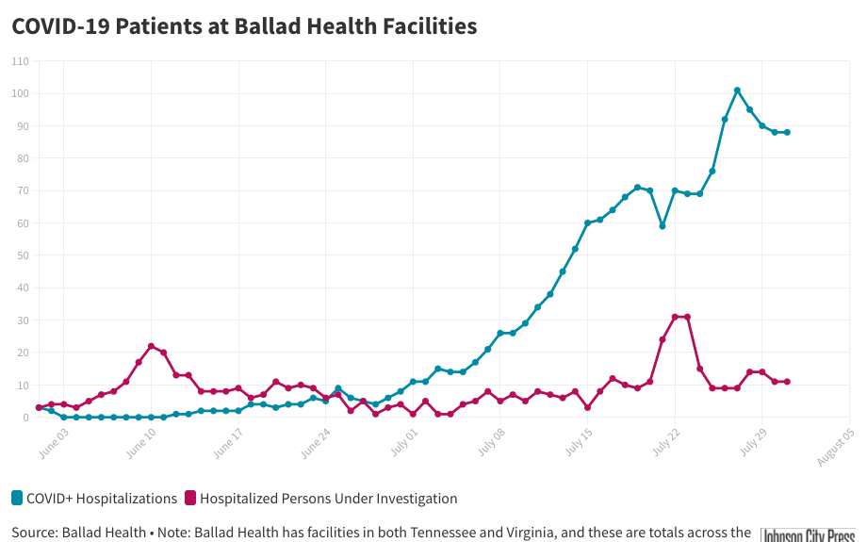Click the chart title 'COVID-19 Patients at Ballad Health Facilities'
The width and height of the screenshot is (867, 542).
[244, 26]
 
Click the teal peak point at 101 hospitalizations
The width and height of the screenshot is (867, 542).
[737, 90]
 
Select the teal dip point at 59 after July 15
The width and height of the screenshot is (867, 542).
[663, 226]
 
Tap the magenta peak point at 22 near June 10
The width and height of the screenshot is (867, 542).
[151, 346]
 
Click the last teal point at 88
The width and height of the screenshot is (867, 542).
[787, 132]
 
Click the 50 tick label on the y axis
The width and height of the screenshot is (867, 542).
[22, 255]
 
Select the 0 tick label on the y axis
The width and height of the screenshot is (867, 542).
[25, 418]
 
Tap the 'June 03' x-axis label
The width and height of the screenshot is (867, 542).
[55, 440]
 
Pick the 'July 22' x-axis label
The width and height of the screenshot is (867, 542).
[665, 440]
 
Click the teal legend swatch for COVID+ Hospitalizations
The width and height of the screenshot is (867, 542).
[17, 499]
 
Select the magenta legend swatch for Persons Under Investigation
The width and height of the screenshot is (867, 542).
[190, 499]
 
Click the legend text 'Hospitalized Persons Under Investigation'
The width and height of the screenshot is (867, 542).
[328, 499]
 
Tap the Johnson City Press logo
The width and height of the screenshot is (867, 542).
[809, 534]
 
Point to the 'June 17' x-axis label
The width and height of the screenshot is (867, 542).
[228, 440]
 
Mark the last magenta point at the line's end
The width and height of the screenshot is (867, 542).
[787, 382]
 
